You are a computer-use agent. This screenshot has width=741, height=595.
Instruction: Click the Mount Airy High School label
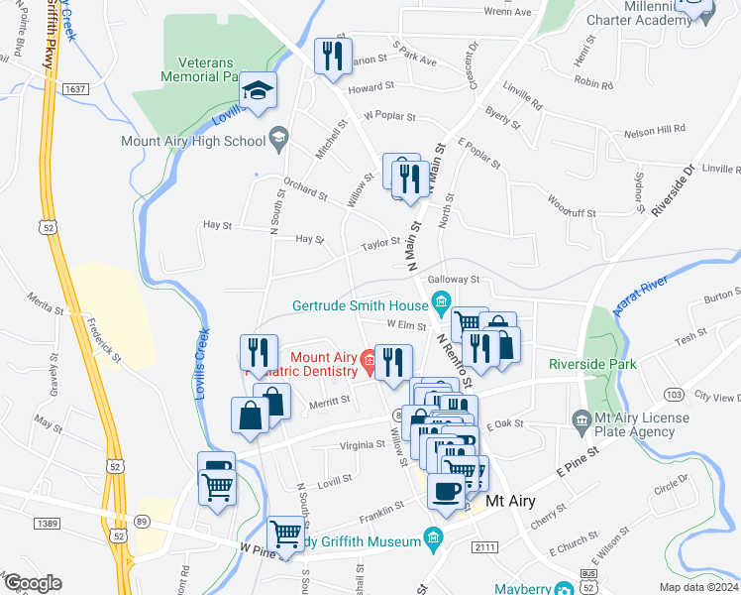[x=193, y=141]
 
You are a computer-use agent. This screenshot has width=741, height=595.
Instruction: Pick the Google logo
[x=32, y=583]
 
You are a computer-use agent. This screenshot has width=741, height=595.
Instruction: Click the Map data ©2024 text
[x=697, y=586]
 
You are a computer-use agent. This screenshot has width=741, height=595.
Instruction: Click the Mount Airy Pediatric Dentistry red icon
[x=369, y=358]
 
